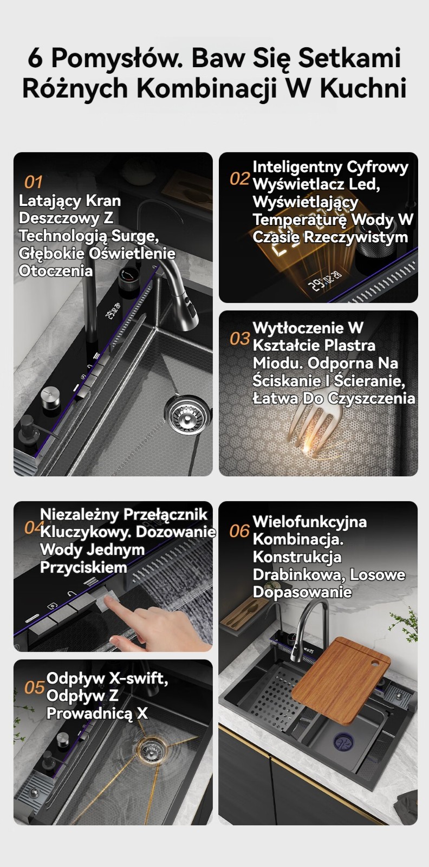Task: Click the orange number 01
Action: tap(33, 182)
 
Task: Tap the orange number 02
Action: tap(239, 178)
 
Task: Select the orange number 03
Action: tap(240, 339)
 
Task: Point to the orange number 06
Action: tap(239, 531)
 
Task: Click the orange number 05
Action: tap(35, 688)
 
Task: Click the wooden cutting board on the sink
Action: tap(341, 681)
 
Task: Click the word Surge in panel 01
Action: tap(135, 236)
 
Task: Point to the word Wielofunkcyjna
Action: tap(310, 522)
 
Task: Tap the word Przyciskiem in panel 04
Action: tap(83, 567)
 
